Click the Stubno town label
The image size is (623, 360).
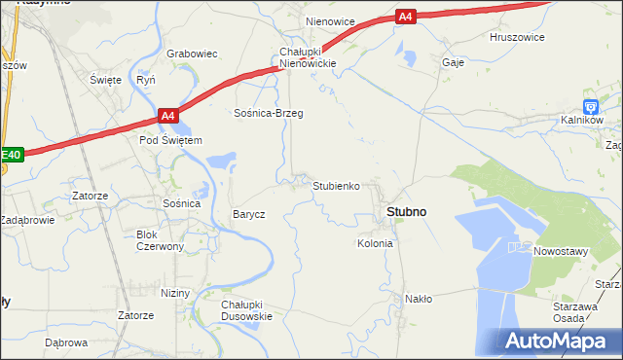pos(406,211)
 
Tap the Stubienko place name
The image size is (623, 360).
pos(337,185)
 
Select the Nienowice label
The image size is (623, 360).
pos(330,20)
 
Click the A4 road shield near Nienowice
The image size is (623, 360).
pos(406,17)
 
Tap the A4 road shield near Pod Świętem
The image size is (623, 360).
pos(167,117)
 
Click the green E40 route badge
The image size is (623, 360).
pos(11,155)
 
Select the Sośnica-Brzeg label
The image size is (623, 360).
pos(268,114)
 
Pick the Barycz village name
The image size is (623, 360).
pos(248,214)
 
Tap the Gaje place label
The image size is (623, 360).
pos(453,61)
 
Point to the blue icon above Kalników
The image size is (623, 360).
pos(590,106)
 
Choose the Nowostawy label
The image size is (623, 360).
pos(561,251)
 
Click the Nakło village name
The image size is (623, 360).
pos(419,300)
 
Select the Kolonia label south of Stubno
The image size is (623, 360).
pos(375,243)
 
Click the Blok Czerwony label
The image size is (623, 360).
pos(161,240)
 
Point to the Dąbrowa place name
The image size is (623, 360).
pos(66,343)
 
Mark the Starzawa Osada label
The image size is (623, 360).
pos(571,312)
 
